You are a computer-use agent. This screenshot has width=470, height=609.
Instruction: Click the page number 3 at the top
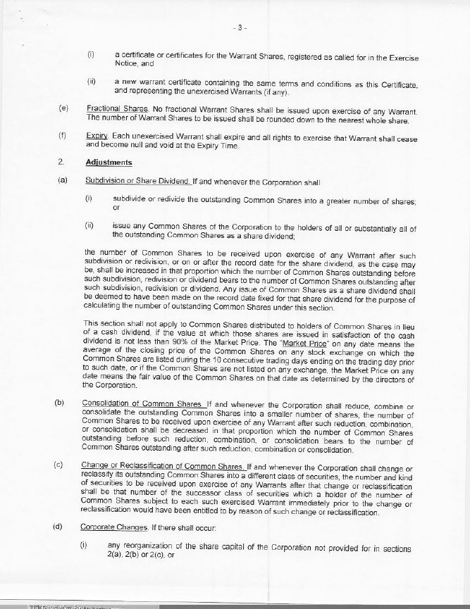point(241,28)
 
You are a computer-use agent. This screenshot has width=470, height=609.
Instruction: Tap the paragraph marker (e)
point(64,109)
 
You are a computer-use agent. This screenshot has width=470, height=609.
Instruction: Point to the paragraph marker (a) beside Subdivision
point(63,181)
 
